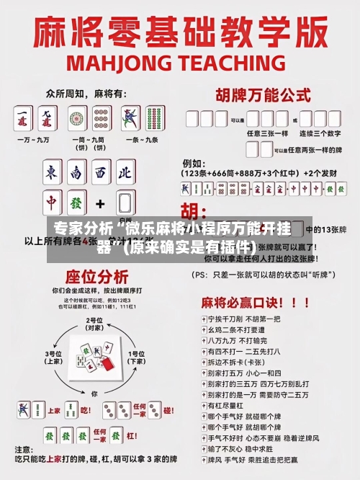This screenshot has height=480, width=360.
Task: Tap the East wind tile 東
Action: (x=52, y=173)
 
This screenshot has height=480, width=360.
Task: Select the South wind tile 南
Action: (x=76, y=173)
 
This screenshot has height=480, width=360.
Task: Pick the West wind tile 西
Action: (x=101, y=173)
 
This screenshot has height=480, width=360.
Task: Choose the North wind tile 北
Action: (x=125, y=173)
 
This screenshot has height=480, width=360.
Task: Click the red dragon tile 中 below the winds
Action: (x=52, y=203)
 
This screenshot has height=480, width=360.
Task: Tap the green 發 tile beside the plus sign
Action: (x=76, y=203)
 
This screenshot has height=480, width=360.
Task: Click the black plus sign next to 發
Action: (x=101, y=203)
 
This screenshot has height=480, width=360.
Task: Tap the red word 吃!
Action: (x=85, y=410)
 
